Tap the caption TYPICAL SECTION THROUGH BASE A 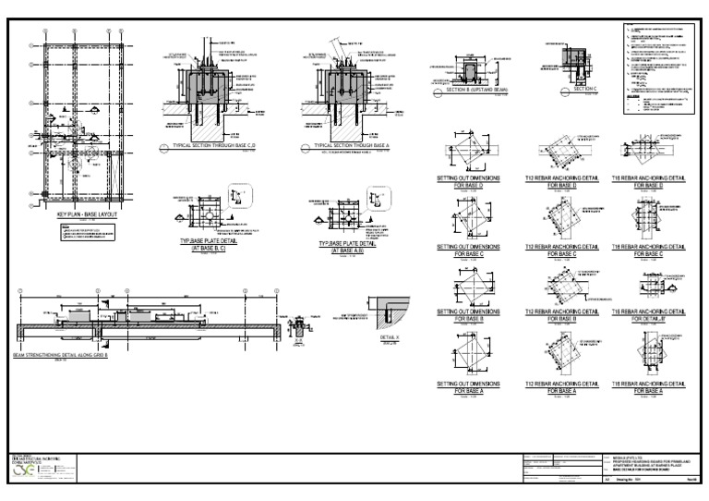[348, 146]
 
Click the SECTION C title [586, 89]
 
